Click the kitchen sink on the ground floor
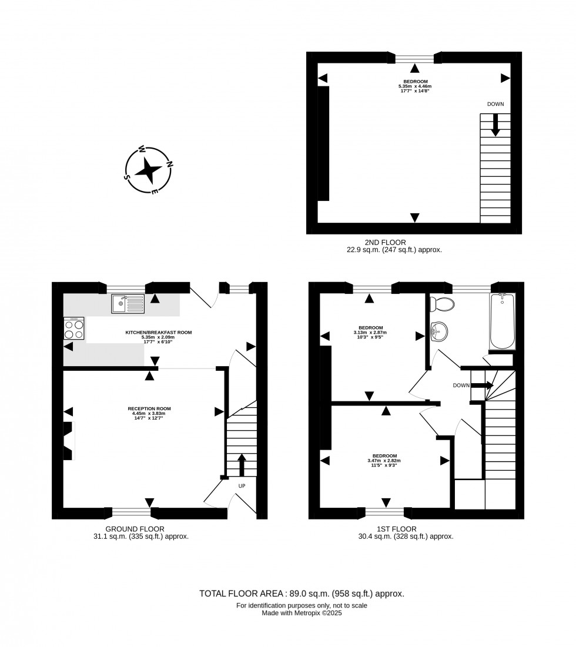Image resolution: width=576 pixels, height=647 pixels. tap(128, 304)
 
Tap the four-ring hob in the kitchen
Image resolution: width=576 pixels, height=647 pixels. tap(74, 328)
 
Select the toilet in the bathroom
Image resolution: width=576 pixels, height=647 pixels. tap(442, 304)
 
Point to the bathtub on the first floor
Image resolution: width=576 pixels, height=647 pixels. tap(502, 321)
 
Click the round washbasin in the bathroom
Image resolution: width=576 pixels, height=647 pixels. tap(438, 332)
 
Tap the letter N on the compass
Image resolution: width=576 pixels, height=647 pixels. tap(169, 163)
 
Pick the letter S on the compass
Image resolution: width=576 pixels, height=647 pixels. tap(127, 177)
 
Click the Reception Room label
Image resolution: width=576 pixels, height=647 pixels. tap(149, 408)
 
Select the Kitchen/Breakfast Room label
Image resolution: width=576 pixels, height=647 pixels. tap(159, 332)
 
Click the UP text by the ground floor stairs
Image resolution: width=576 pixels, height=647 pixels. tap(242, 486)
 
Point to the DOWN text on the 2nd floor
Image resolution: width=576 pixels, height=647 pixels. tap(495, 104)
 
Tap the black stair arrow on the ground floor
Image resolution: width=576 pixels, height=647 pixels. tap(242, 465)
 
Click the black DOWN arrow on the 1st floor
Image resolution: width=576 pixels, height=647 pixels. tap(482, 385)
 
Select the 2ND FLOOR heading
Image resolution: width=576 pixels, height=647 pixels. tap(386, 243)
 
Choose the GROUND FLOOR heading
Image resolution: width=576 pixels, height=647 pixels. tap(135, 529)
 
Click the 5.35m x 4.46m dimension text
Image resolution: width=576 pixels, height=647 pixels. tap(415, 86)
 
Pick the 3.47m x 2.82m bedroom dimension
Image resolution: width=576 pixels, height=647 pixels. tap(384, 461)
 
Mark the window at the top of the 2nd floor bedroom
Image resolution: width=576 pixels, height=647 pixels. tap(415, 58)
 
